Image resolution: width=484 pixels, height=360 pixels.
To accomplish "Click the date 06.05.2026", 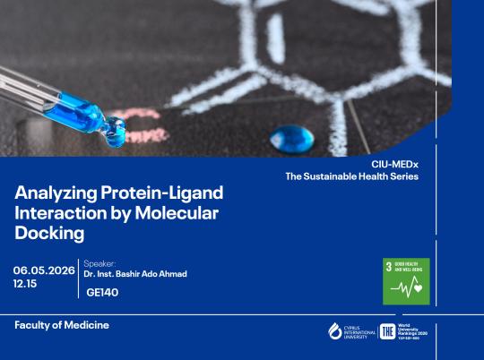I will pos(44,270).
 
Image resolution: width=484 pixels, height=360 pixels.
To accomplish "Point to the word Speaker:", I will pos(99,263).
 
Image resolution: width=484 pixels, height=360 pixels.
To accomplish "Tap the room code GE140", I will pos(103,291).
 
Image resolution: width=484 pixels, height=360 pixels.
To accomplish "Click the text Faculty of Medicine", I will pos(61,325).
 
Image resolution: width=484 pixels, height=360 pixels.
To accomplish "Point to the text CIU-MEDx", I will pos(395,164).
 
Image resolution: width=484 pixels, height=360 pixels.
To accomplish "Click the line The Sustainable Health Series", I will pos(352,176).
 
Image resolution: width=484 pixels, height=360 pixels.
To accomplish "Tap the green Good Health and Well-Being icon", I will pos(406,281).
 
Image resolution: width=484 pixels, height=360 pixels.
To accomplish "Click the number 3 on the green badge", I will pos(389,267).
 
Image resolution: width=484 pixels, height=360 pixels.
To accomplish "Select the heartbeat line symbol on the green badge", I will pos(406,288).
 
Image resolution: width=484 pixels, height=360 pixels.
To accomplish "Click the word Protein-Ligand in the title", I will pos(162,193).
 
